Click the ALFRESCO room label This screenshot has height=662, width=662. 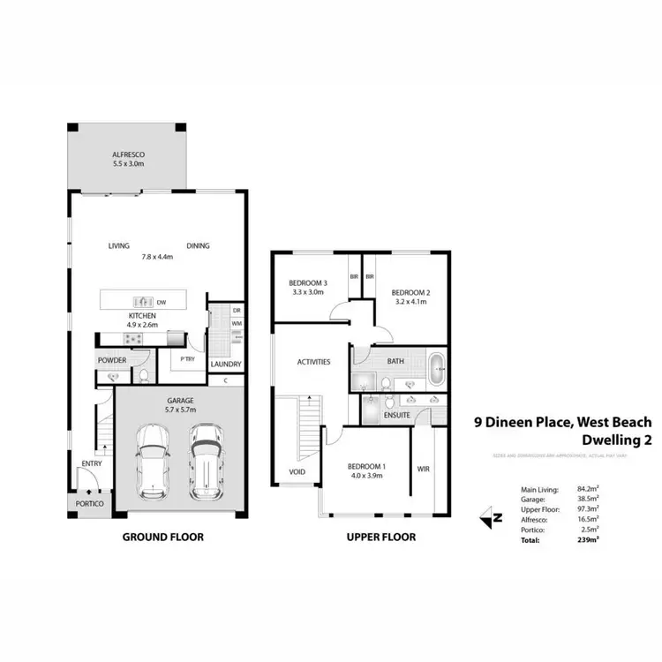[128, 154]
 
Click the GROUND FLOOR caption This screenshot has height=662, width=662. [162, 537]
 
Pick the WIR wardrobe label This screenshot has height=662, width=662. [423, 470]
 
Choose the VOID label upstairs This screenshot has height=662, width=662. [297, 471]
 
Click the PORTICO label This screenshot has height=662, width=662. [89, 503]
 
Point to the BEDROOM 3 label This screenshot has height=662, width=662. [307, 283]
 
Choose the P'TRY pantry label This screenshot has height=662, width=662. [187, 360]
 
